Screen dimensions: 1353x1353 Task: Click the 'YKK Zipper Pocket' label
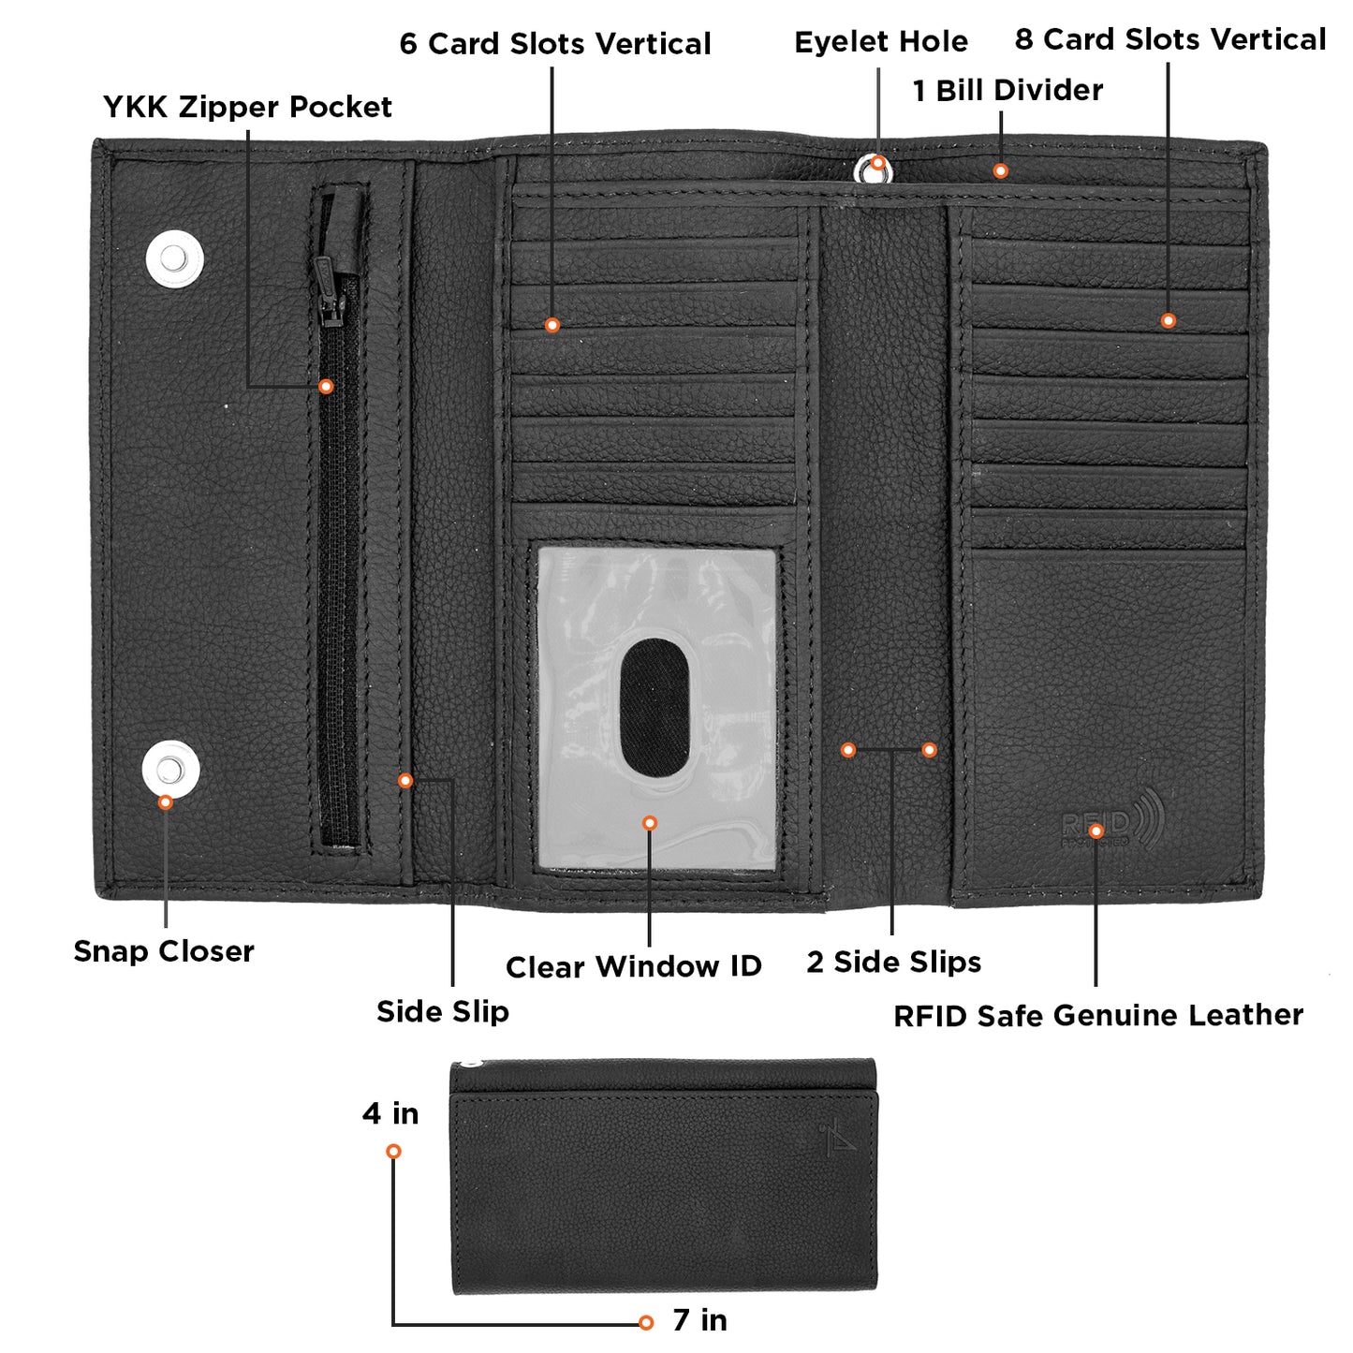[x=247, y=107]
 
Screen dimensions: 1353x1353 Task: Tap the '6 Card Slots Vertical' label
[x=555, y=44]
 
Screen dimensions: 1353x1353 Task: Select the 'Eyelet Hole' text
[x=880, y=42]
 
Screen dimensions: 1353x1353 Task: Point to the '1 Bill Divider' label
[x=1007, y=91]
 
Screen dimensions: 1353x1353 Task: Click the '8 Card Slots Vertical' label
[x=1170, y=39]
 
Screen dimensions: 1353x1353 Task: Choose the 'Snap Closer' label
[x=164, y=951]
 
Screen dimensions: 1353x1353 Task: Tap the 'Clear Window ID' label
[x=634, y=966]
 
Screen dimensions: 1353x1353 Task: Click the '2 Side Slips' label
[x=894, y=962]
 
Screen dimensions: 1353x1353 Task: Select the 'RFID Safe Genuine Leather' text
[x=1097, y=1015]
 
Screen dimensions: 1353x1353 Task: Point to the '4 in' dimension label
[x=390, y=1113]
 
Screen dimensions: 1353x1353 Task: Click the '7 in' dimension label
[x=699, y=1320]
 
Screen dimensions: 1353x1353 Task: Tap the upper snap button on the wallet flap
[x=174, y=258]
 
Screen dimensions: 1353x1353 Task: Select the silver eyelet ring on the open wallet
[x=873, y=169]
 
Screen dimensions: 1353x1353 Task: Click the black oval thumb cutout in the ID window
[x=655, y=707]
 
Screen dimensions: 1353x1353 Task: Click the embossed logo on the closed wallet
[x=837, y=1137]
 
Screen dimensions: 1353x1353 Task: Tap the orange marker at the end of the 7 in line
[x=645, y=1322]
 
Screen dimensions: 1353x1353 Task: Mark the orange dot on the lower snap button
[x=165, y=802]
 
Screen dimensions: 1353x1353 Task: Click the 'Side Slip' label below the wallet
[x=443, y=1011]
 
